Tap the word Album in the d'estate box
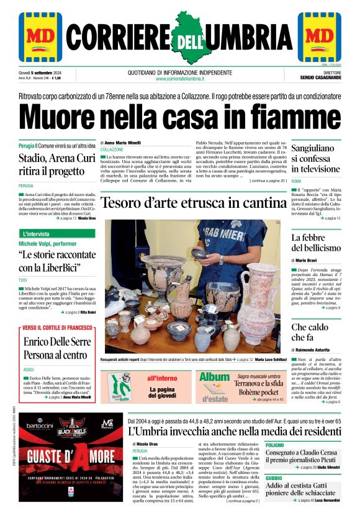click(214, 376)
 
